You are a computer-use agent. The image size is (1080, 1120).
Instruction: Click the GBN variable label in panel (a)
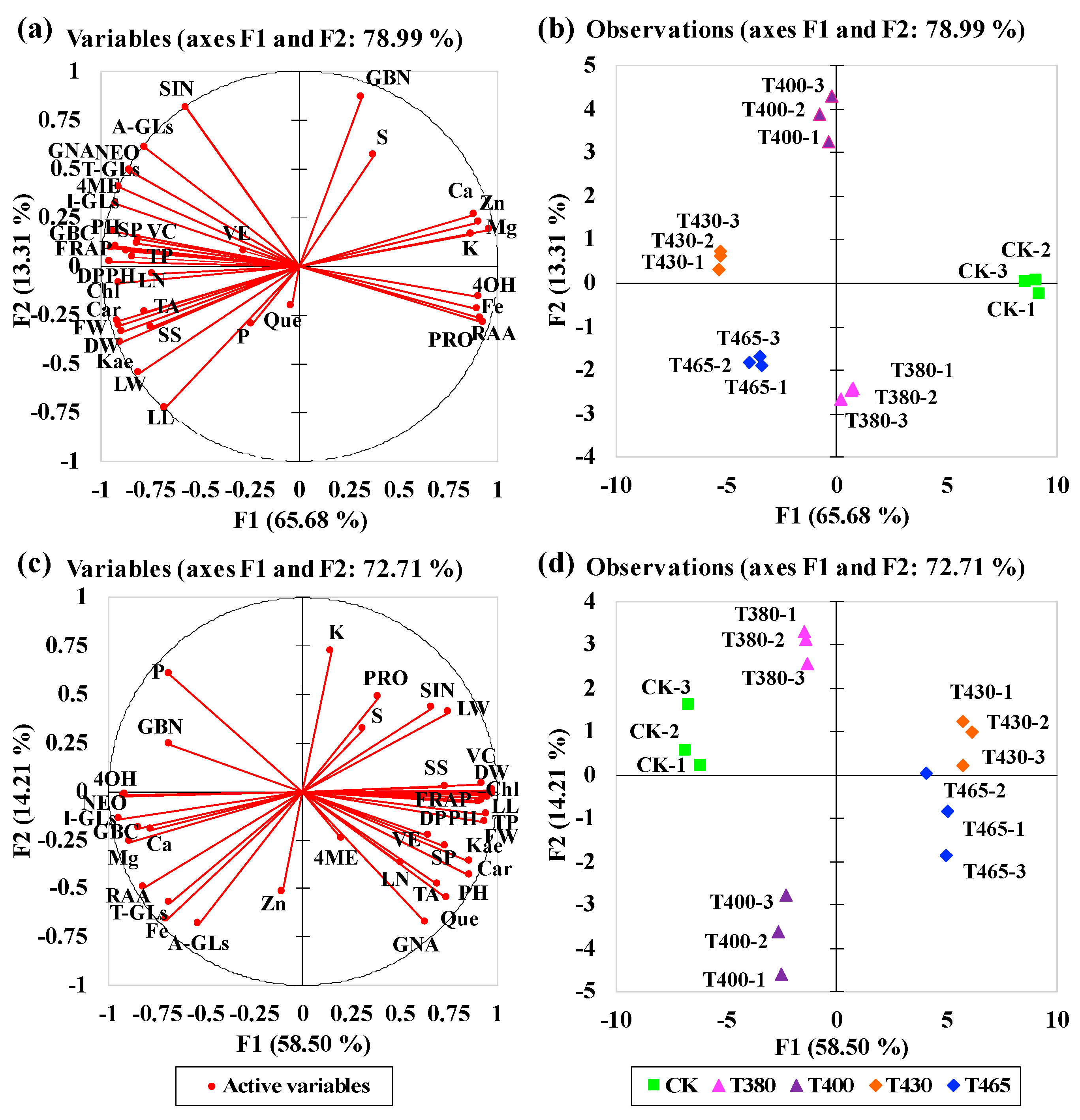pos(388,78)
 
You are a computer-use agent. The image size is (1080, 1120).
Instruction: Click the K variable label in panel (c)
pos(336,632)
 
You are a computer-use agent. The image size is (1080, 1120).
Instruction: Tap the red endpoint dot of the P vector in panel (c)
pos(168,673)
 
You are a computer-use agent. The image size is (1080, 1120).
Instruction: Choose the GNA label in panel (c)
pos(415,945)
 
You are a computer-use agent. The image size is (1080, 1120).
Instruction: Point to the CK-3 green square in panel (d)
pos(688,704)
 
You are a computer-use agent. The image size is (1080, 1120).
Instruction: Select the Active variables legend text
pos(296,1086)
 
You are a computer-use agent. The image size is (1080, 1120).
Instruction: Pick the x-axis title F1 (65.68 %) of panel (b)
pos(842,516)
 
